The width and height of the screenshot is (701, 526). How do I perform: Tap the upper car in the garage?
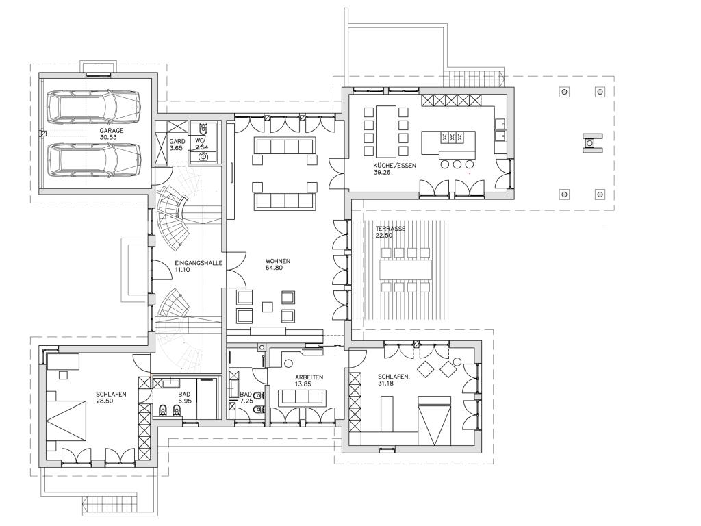click(x=94, y=108)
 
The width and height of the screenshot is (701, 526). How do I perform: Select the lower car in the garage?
click(x=94, y=160)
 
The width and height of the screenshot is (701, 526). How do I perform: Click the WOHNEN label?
click(x=278, y=261)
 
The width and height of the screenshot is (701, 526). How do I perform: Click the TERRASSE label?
click(x=390, y=229)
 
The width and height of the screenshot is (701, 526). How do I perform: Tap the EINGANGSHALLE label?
click(x=199, y=263)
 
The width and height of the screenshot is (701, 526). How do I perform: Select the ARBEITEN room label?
click(x=309, y=377)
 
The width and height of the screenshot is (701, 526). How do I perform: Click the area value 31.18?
click(x=386, y=384)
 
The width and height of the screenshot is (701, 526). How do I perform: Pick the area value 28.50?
click(x=104, y=401)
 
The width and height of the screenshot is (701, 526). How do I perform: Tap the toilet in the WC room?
click(x=204, y=129)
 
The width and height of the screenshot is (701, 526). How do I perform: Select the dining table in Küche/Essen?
click(x=386, y=130)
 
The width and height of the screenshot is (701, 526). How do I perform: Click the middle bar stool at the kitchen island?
click(x=457, y=164)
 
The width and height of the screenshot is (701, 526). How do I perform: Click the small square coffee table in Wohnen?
click(x=268, y=306)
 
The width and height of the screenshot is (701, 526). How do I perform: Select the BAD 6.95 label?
click(x=184, y=398)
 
